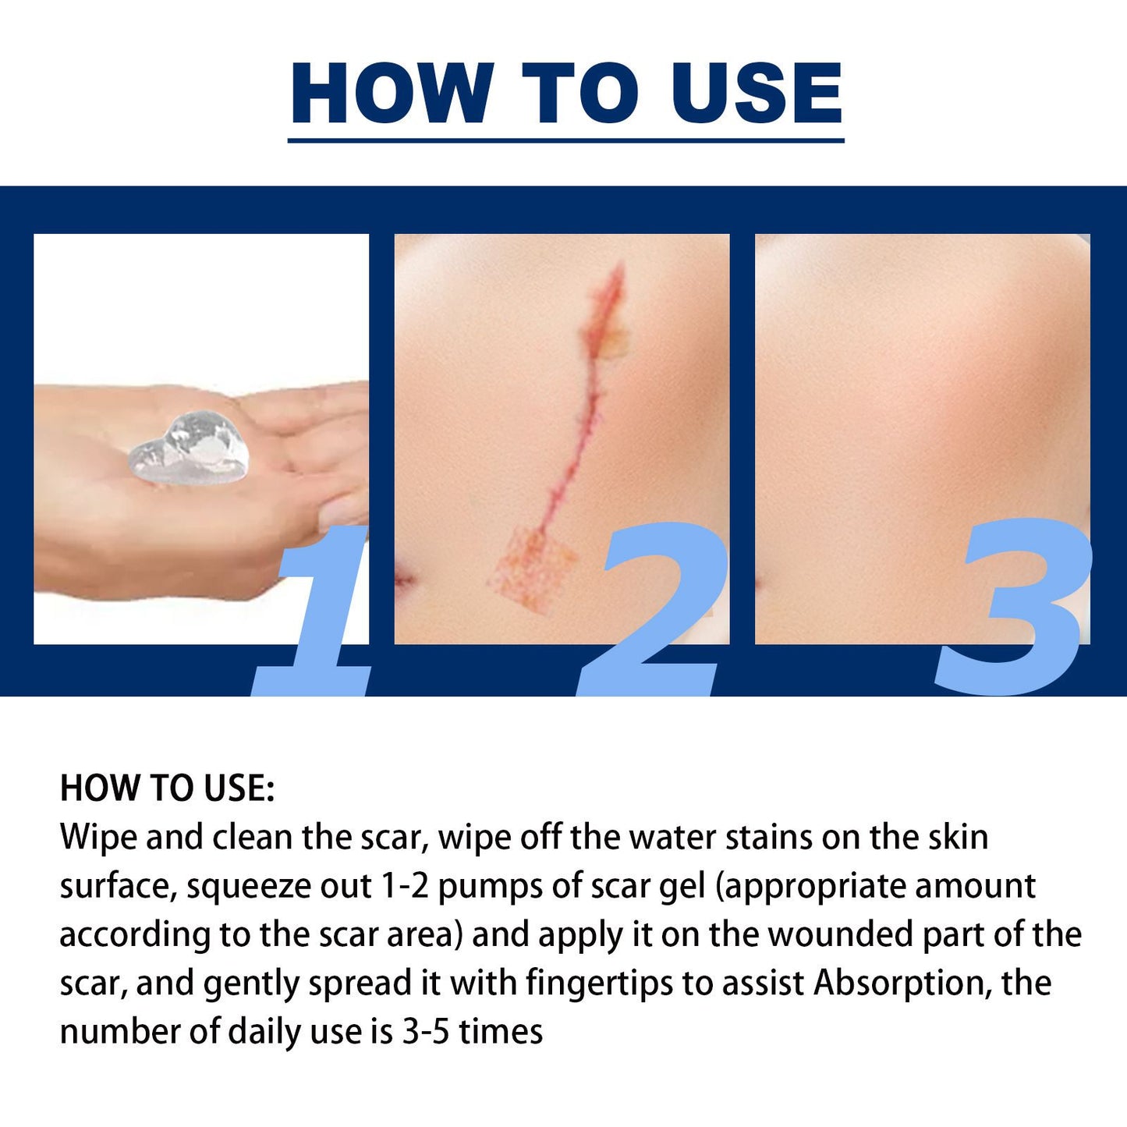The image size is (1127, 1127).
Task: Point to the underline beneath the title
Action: [x=565, y=140]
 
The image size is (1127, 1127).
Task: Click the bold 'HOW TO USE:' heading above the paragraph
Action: [x=167, y=788]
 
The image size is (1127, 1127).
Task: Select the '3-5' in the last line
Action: [x=426, y=1032]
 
